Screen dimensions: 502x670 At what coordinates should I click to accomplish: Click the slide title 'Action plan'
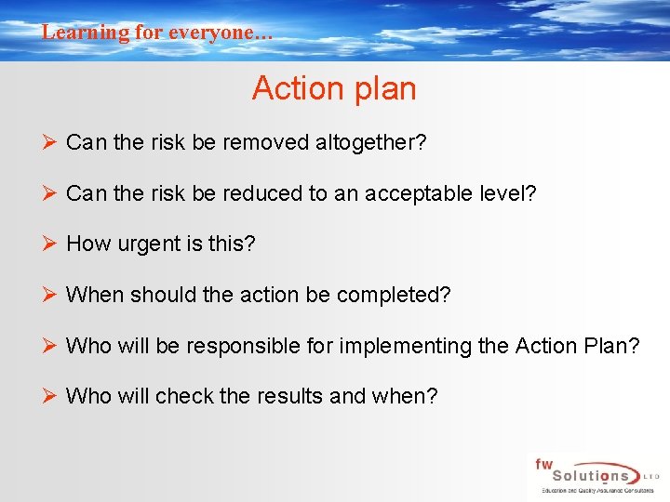[334, 89]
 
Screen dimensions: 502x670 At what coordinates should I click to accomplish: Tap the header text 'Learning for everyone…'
[157, 33]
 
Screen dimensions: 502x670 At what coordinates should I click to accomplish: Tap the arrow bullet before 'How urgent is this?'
[50, 244]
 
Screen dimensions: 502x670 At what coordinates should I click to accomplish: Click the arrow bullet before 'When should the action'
[50, 295]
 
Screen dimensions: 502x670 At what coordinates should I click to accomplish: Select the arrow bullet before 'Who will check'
[50, 395]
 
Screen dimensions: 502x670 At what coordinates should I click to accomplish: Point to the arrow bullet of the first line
[50, 142]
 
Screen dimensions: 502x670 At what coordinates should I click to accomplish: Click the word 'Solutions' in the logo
[583, 475]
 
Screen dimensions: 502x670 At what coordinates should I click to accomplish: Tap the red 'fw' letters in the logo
[543, 462]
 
